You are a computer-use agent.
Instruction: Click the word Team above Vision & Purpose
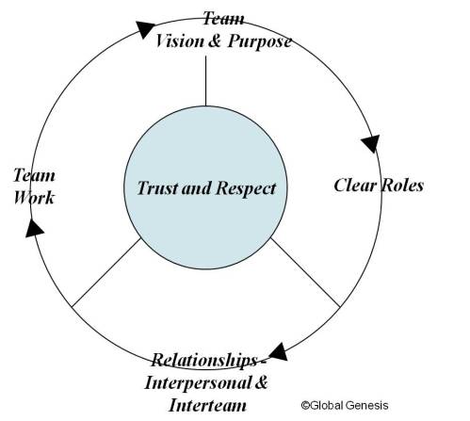[x=223, y=19]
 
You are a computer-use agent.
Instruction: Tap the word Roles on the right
[x=402, y=185]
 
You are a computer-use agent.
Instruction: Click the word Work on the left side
[x=34, y=198]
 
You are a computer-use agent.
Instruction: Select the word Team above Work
[x=34, y=176]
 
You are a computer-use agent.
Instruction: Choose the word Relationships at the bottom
[x=205, y=361]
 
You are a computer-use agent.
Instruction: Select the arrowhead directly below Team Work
[x=34, y=227]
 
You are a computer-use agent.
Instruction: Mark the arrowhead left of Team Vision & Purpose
[x=143, y=29]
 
